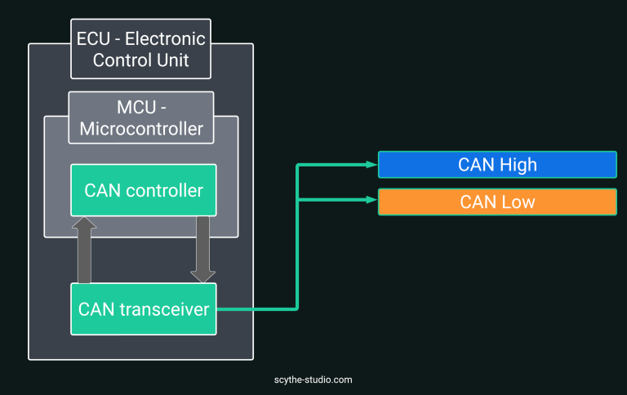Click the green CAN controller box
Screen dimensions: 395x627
(143, 190)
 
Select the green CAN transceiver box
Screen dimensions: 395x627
(143, 309)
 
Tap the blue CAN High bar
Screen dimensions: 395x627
(497, 165)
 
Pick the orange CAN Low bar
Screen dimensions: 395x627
(497, 202)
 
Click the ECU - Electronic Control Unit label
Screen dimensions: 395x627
(140, 49)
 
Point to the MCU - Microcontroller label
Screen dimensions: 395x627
(140, 118)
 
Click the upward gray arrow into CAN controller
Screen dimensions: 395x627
(84, 250)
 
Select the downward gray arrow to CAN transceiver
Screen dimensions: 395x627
(202, 250)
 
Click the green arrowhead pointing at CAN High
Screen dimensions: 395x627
(372, 165)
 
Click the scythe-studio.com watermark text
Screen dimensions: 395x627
(313, 379)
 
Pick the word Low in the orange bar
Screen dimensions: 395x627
(518, 202)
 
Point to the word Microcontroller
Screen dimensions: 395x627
(140, 129)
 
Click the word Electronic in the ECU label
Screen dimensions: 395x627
(169, 39)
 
